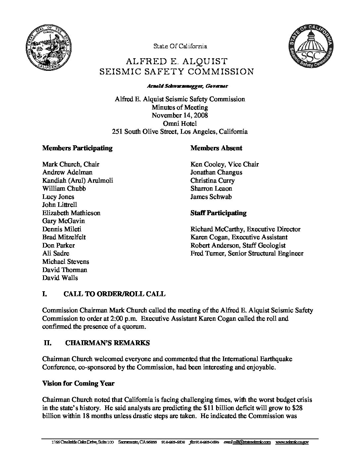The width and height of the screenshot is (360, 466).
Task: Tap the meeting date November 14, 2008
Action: tap(180, 115)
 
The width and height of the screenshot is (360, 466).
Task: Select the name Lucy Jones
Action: tap(58, 197)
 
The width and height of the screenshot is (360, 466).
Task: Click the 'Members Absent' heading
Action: tap(216, 148)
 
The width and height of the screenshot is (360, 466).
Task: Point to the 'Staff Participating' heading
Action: tap(218, 213)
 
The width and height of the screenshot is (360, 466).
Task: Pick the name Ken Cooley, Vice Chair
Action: tap(224, 164)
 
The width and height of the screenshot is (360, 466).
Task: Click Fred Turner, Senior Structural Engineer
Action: tap(247, 254)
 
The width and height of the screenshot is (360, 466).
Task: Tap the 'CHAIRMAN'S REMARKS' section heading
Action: tap(108, 343)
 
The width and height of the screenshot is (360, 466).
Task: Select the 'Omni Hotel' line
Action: tap(180, 123)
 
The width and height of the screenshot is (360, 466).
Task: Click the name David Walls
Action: tap(60, 278)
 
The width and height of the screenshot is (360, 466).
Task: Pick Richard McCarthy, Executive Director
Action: tap(245, 229)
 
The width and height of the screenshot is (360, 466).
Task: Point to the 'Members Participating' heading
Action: tap(77, 148)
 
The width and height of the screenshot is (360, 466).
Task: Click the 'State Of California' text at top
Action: tap(180, 46)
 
